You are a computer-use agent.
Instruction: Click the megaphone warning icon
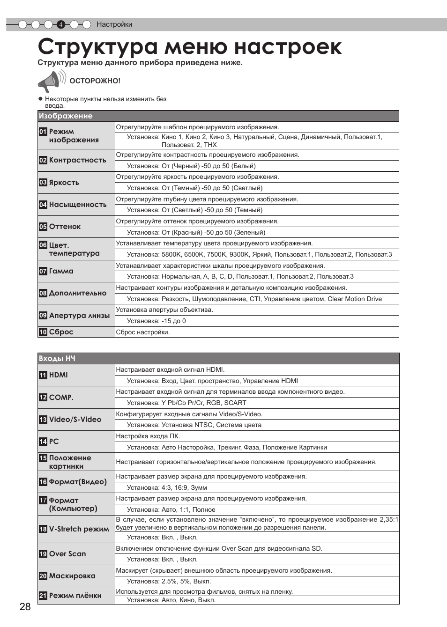coord(51,81)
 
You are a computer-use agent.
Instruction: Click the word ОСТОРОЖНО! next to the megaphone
coord(95,81)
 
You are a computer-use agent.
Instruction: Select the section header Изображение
coord(66,116)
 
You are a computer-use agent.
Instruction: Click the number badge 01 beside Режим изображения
coord(43,132)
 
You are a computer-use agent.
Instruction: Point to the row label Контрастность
coord(77,160)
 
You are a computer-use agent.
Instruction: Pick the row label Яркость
coord(64,183)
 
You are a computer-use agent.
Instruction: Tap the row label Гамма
coord(61,271)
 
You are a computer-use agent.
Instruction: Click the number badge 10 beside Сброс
coord(43,332)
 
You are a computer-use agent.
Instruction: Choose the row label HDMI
coord(58,375)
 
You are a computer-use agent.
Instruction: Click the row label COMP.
coord(61,398)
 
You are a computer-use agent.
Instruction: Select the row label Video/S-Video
coord(75,420)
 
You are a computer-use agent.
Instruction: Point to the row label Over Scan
coord(67,554)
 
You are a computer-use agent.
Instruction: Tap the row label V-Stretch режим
coord(79,529)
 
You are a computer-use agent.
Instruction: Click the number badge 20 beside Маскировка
coord(43,576)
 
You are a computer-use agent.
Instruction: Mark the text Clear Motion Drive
coord(354,299)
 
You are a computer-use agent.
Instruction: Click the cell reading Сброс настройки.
coord(143,332)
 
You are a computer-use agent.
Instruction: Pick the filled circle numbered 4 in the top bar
coord(60,25)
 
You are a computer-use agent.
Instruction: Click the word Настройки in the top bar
coord(114,24)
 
